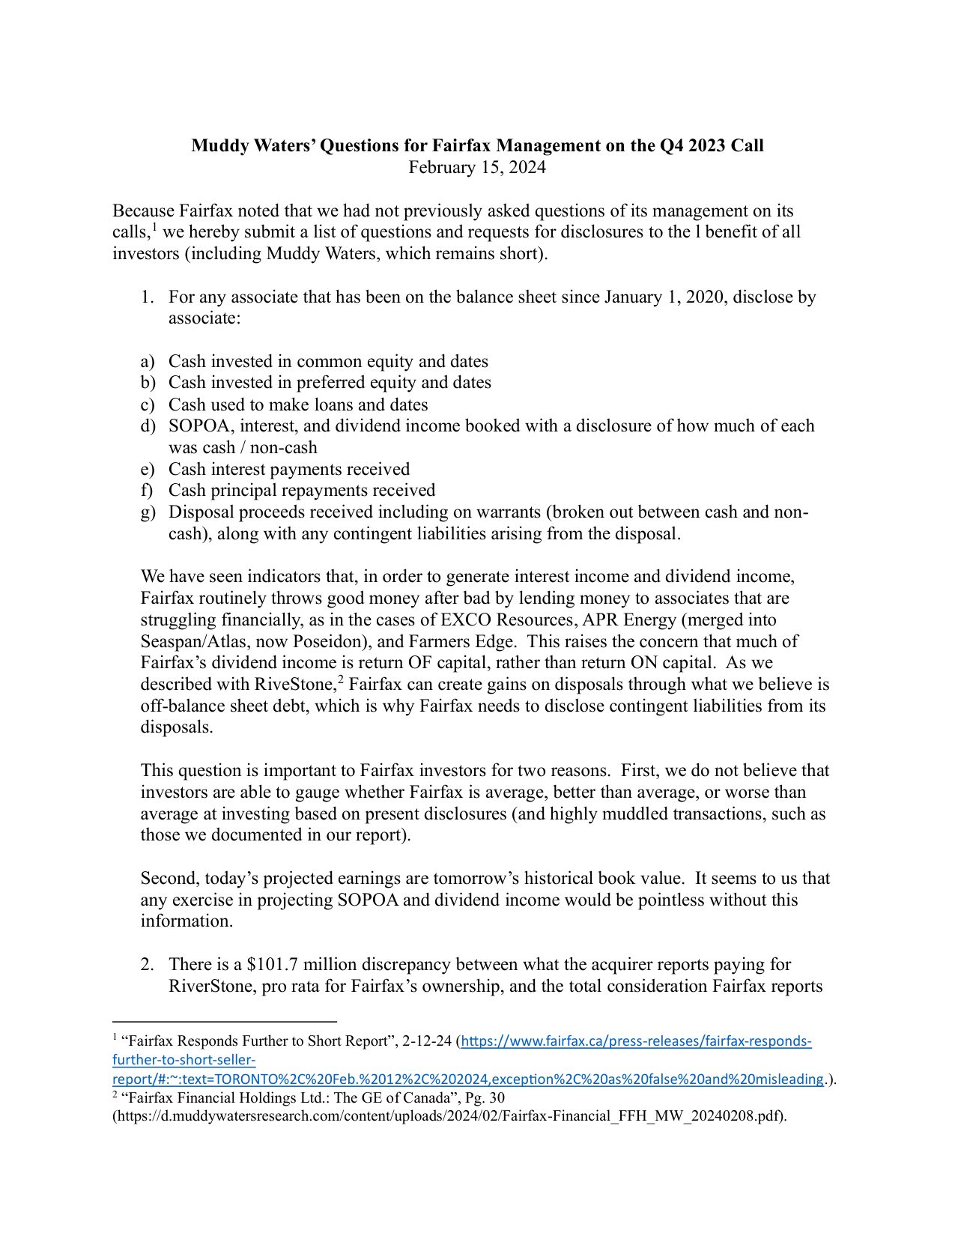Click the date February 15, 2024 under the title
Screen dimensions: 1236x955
477,167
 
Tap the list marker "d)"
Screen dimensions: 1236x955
148,426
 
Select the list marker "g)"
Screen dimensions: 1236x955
148,512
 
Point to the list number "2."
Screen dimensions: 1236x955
148,965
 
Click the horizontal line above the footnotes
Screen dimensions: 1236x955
225,1021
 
